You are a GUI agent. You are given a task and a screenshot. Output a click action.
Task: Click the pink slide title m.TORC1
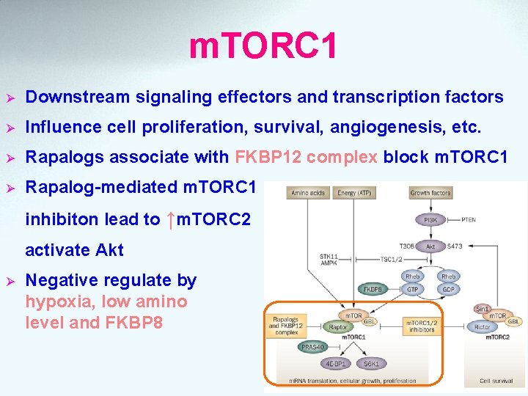pos(263,45)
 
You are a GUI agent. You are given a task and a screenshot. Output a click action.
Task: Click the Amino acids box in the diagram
pos(308,193)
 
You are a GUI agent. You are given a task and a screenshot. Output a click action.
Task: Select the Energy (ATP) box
pos(353,193)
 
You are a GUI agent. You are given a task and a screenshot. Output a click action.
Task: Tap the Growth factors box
pos(430,193)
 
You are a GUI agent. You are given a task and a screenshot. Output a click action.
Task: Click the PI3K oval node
pos(430,219)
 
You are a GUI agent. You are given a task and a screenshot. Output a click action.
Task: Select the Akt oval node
pos(430,247)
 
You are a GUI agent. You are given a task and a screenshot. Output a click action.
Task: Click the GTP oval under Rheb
pos(412,289)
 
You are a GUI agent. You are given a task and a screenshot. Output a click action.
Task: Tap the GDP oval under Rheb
pos(448,289)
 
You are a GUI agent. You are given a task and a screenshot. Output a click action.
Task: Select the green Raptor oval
pos(338,327)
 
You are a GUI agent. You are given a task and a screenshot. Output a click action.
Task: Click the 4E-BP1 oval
pos(337,363)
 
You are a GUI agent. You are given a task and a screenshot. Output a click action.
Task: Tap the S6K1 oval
pos(372,363)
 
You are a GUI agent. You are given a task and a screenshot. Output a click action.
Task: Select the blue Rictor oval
pos(483,327)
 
